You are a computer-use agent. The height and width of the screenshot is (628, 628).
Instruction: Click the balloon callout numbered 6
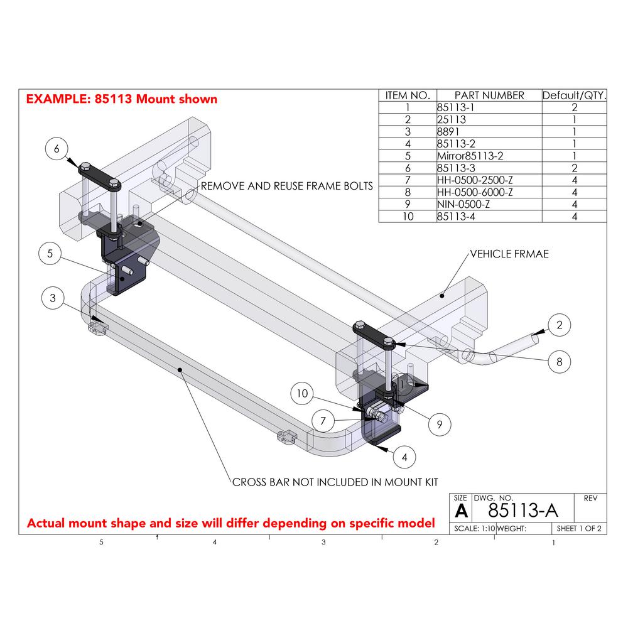pos(57,149)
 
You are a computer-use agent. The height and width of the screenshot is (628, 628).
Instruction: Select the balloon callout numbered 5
pos(50,254)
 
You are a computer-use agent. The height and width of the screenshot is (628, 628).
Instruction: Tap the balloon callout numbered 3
pos(53,298)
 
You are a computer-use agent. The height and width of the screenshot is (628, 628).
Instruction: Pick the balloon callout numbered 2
pos(559,325)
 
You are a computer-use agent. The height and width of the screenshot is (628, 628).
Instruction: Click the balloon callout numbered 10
pos(303,393)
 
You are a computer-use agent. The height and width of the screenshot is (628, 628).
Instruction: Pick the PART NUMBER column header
pos(488,95)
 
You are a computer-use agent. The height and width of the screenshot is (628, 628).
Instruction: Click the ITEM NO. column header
pos(407,95)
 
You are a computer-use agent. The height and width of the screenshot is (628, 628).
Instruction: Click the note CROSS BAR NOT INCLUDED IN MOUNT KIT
pos(335,482)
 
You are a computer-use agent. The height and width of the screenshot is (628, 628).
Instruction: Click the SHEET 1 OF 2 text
pos(578,529)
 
